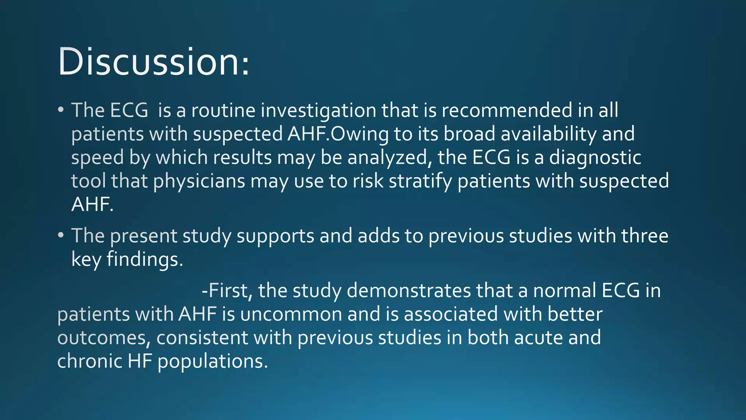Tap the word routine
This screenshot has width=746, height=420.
pyautogui.click(x=223, y=110)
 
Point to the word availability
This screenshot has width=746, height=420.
pyautogui.click(x=549, y=134)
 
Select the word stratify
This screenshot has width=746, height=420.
pyautogui.click(x=420, y=181)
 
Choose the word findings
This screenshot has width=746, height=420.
pyautogui.click(x=145, y=260)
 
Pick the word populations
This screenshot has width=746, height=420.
pyautogui.click(x=213, y=362)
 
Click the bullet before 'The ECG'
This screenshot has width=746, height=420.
pyautogui.click(x=61, y=110)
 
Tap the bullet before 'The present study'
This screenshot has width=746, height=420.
pyautogui.click(x=61, y=235)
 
